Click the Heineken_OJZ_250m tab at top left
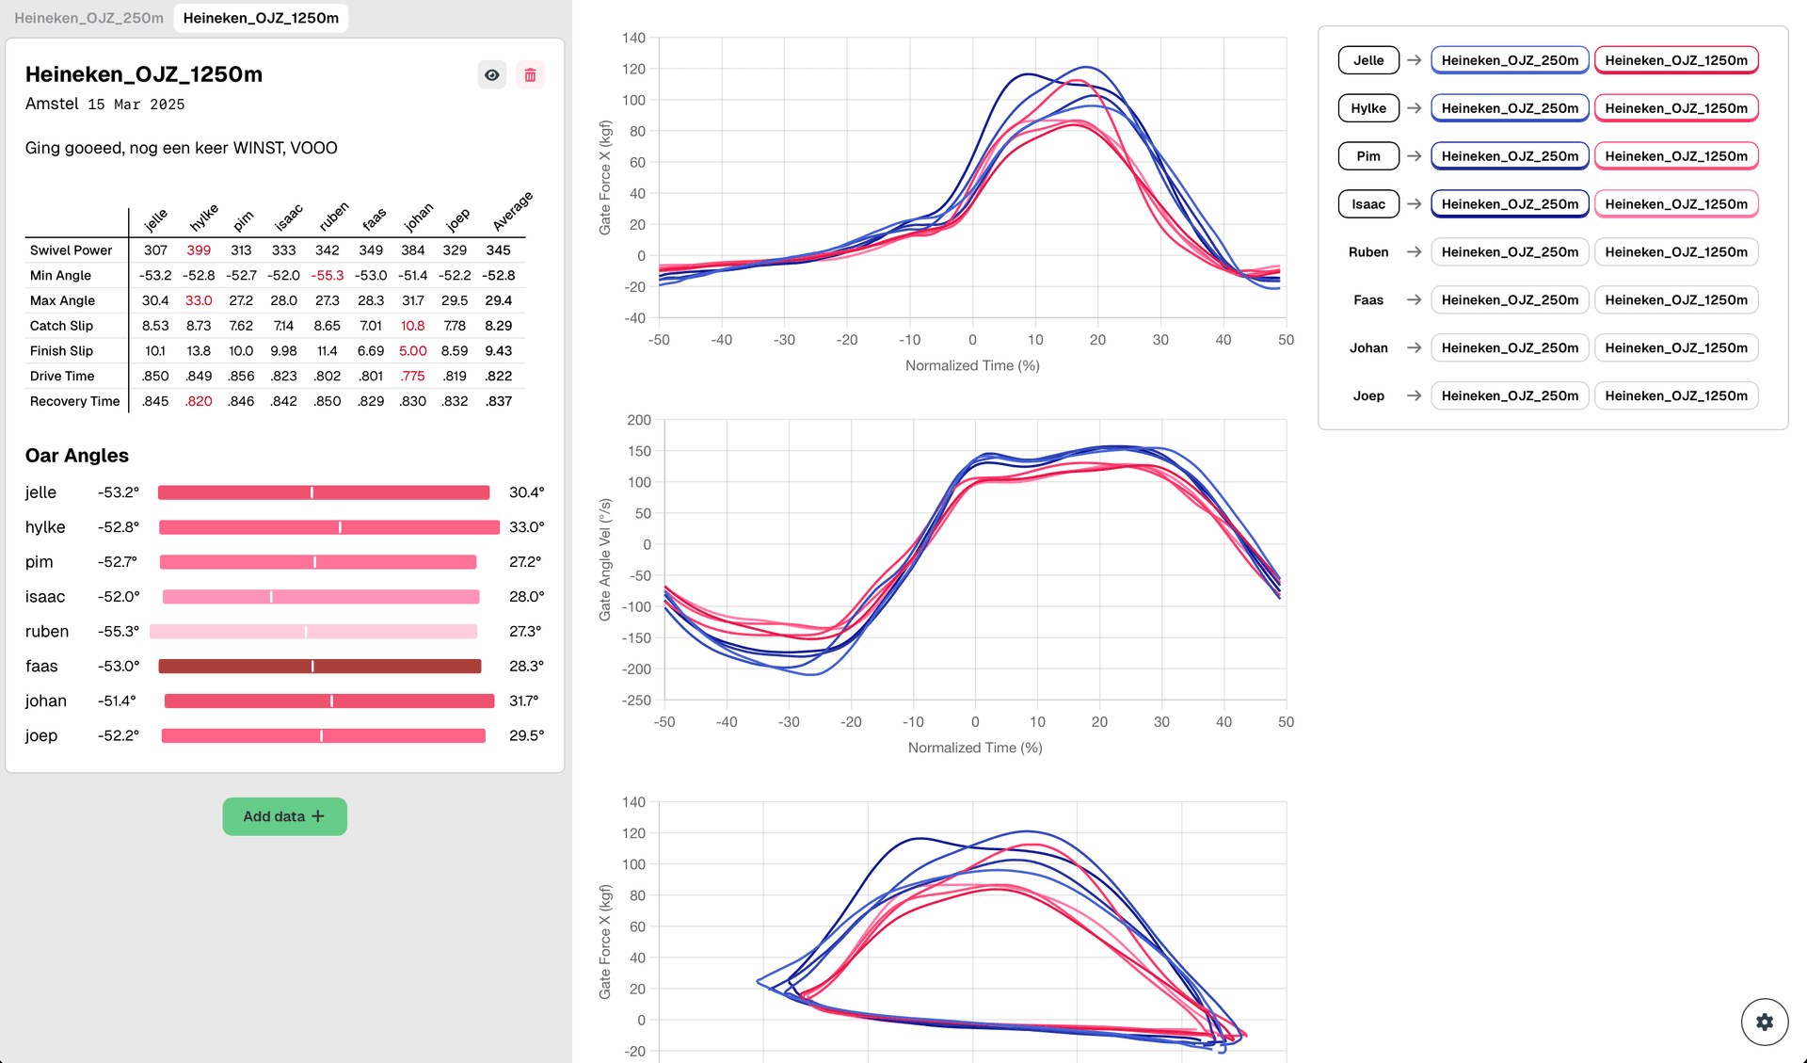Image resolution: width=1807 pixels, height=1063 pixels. click(88, 18)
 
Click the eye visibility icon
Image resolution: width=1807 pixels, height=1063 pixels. click(491, 75)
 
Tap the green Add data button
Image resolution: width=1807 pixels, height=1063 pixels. click(284, 816)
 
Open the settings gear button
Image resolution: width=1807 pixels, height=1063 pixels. click(1764, 1022)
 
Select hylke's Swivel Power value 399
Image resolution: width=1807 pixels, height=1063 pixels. click(199, 250)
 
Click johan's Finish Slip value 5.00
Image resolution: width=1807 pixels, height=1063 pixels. click(412, 351)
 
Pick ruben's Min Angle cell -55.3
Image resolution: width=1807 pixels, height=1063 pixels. click(327, 276)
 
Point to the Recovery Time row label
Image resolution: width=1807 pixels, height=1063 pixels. click(74, 401)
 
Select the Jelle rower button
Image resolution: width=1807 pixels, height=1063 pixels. click(1368, 60)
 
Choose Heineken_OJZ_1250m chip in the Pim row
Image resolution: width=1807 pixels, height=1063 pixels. click(1675, 156)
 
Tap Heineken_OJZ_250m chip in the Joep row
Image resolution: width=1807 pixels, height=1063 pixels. click(1510, 395)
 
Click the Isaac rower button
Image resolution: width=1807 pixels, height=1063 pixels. click(1368, 204)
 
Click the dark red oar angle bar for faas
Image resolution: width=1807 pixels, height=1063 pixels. click(320, 667)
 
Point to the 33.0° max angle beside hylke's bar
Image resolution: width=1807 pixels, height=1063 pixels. click(526, 527)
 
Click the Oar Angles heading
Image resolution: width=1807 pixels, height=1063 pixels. click(77, 456)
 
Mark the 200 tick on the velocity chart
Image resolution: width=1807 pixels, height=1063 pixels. click(639, 420)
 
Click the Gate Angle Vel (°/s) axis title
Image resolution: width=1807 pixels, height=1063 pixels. click(605, 559)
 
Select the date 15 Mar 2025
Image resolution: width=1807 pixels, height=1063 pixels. click(136, 105)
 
